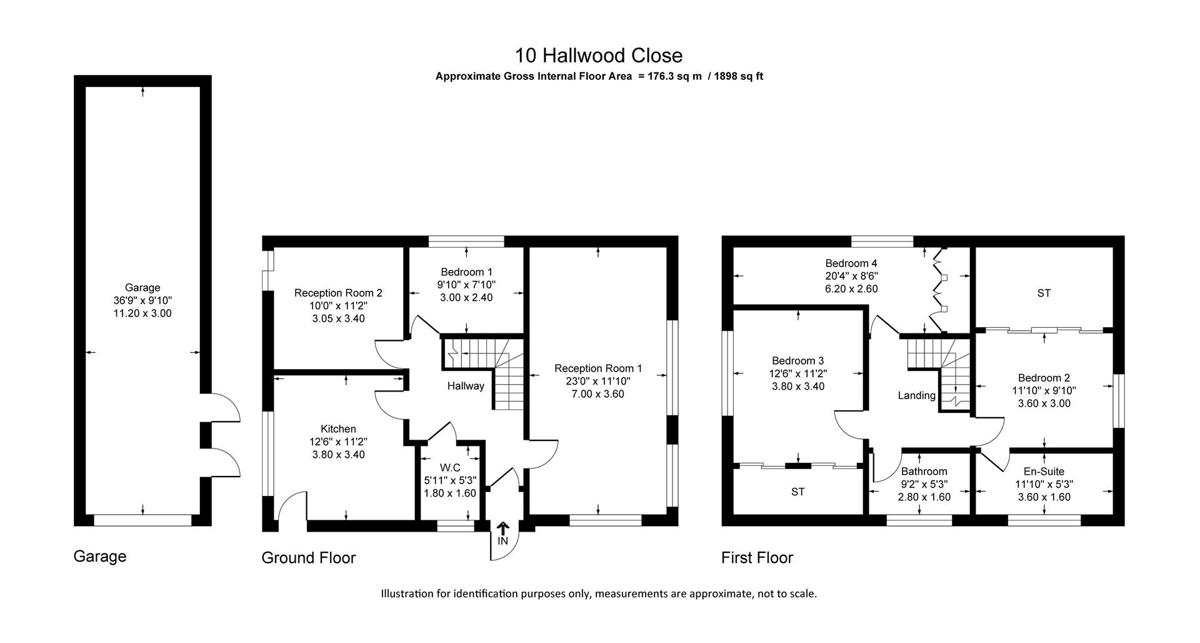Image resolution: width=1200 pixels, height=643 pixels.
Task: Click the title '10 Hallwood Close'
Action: [x=598, y=56]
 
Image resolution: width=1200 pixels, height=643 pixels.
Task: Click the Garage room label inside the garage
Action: [x=142, y=288]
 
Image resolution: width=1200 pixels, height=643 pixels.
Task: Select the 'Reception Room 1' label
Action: [x=598, y=368]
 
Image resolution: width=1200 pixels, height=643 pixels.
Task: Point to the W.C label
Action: [x=450, y=467]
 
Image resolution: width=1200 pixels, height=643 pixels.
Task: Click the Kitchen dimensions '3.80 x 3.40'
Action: [x=338, y=455]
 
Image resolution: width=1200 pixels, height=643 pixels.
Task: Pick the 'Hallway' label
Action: [x=465, y=386]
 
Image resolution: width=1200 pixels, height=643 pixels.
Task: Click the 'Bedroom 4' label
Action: [x=846, y=263]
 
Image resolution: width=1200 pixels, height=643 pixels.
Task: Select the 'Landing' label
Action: [x=916, y=395]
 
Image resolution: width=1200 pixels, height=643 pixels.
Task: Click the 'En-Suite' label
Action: [x=1044, y=472]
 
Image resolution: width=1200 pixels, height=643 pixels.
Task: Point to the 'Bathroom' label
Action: [x=924, y=472]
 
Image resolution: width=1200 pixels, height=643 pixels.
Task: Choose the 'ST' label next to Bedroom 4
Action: [x=1044, y=293]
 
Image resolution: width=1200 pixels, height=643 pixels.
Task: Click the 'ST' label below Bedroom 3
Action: [x=797, y=492]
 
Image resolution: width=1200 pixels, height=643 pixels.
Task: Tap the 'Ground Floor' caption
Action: [x=308, y=557]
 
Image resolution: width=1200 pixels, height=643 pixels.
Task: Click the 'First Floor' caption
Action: [x=757, y=557]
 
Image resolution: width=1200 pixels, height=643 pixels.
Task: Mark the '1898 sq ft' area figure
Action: [x=739, y=77]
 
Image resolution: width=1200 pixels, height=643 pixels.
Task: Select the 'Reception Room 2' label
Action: [x=338, y=293]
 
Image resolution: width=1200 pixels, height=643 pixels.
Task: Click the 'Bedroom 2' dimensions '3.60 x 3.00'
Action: [x=1044, y=403]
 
